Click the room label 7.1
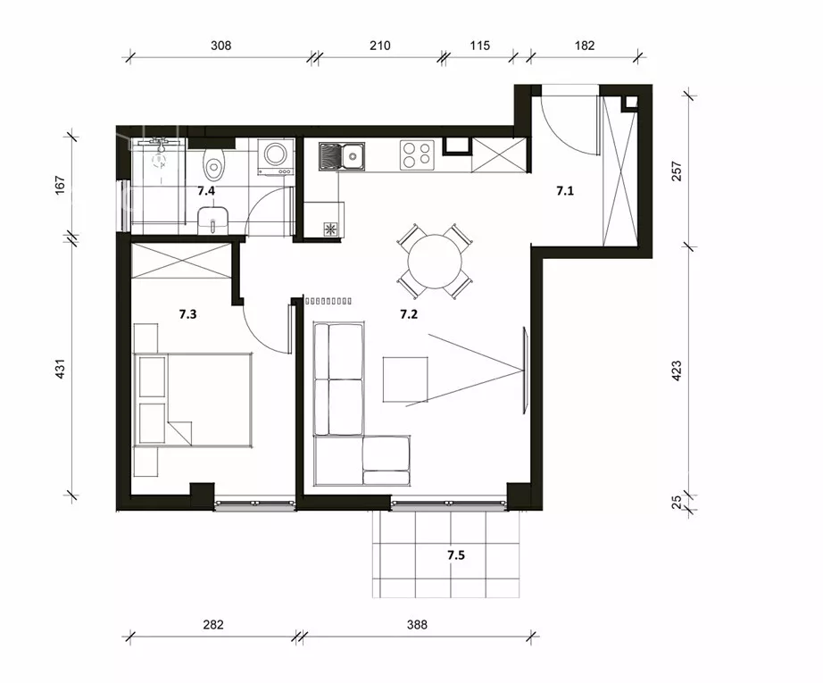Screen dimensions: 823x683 tap(565, 191)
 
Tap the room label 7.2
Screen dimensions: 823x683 tap(409, 314)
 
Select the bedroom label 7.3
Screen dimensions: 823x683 tap(187, 314)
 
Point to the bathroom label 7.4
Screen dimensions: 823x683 tap(206, 191)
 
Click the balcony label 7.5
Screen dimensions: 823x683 tap(456, 555)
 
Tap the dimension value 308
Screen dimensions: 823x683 tap(221, 46)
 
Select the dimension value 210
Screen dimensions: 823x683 tap(380, 46)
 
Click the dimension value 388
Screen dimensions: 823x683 tap(417, 625)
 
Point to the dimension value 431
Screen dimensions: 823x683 tap(60, 369)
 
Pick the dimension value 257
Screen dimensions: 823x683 tap(677, 171)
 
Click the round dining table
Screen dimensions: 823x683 tap(435, 261)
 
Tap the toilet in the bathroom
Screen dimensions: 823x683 tap(213, 162)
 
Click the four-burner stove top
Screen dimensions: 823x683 tap(417, 154)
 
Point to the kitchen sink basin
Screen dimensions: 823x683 tap(352, 156)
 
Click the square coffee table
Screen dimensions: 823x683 tap(405, 379)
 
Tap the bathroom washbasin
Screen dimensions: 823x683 tap(212, 220)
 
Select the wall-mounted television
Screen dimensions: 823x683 tap(525, 371)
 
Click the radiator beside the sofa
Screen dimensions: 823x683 tap(328, 302)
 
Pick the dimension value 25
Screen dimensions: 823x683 tap(677, 502)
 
